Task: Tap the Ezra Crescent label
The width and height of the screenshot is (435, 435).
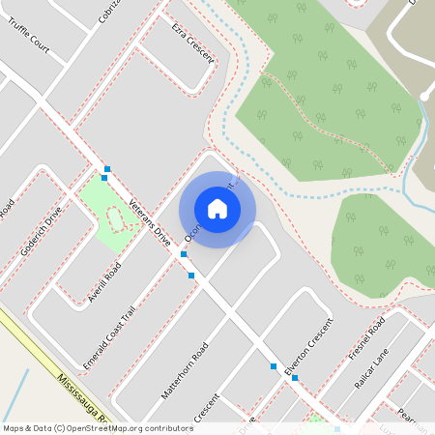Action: (189, 41)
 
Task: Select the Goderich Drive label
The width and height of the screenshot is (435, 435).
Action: (42, 230)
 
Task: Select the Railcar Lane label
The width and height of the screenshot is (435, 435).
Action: (370, 371)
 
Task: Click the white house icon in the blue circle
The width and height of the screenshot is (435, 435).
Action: (217, 209)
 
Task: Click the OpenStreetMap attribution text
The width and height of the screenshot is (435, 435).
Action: (99, 427)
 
